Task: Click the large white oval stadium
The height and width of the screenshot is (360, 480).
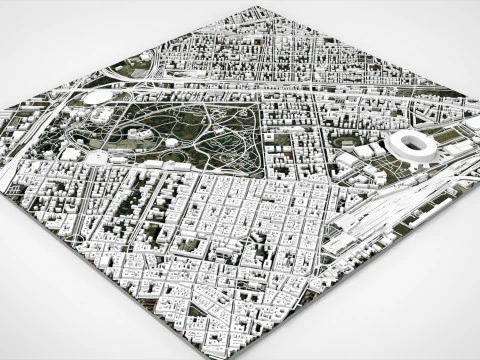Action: click(412, 146)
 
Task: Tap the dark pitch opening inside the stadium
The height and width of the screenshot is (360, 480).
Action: click(413, 145)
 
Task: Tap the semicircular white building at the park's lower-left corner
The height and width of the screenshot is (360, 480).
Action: click(97, 158)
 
